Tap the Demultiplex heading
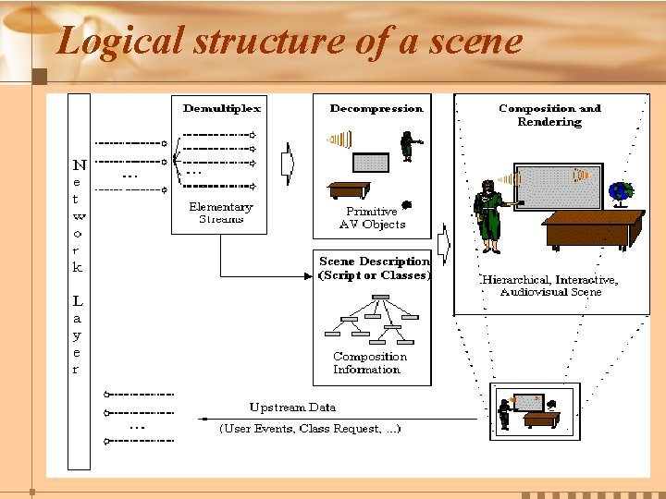click(222, 108)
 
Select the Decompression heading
click(376, 108)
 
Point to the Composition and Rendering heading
click(549, 115)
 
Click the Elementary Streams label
click(220, 213)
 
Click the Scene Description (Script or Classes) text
click(374, 268)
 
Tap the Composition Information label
click(369, 363)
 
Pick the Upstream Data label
click(292, 408)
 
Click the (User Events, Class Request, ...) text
click(309, 429)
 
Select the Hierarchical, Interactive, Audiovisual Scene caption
click(549, 286)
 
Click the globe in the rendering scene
click(619, 191)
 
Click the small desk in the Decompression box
click(349, 190)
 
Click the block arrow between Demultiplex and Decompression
click(288, 163)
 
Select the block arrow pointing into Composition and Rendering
click(443, 246)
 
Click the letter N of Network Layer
click(80, 165)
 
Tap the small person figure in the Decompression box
click(408, 145)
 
